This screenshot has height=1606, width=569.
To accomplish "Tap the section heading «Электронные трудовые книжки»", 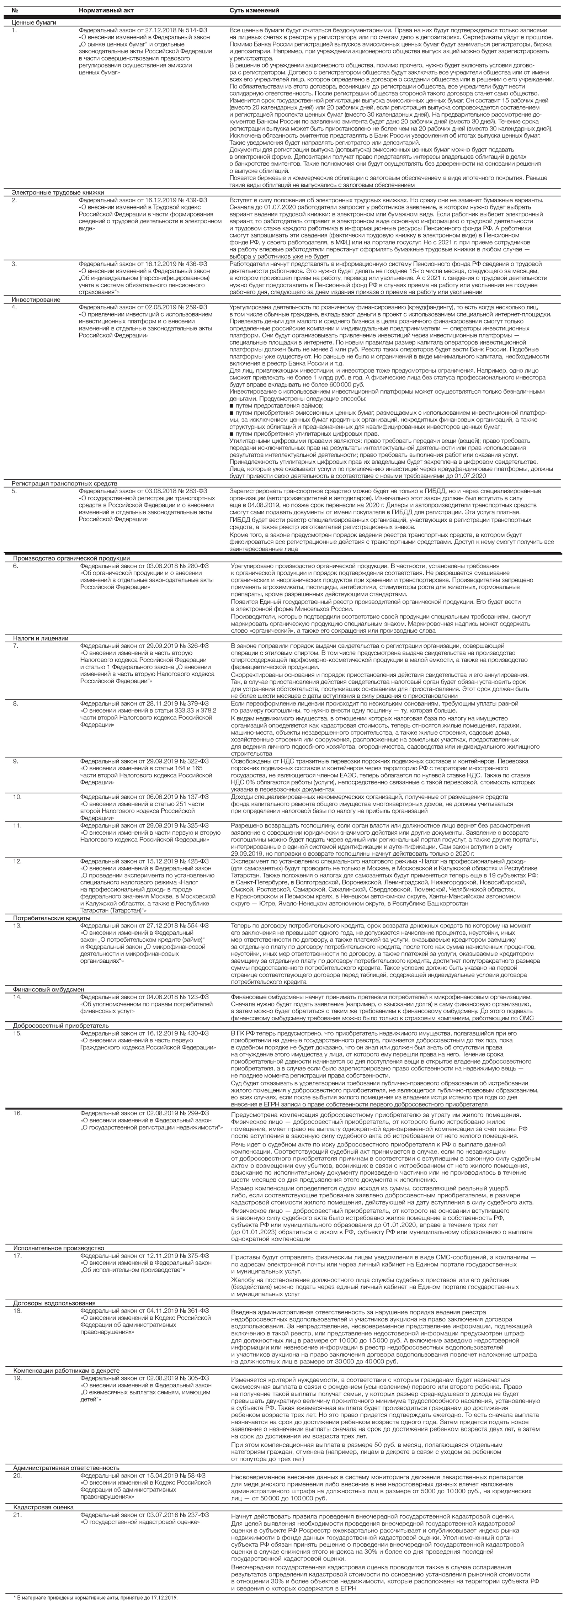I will pos(57,193).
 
